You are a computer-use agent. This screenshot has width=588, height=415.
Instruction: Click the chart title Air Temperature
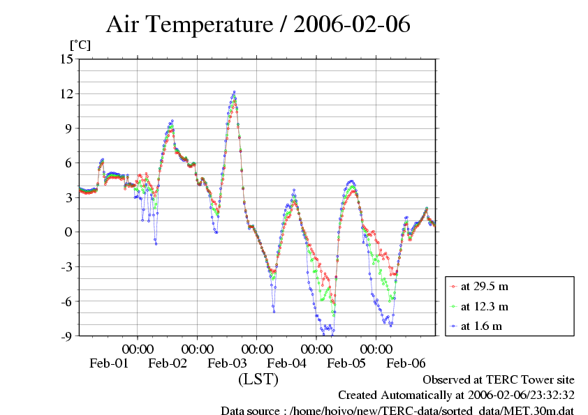click(x=189, y=25)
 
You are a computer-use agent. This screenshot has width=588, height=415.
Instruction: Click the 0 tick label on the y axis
click(x=69, y=232)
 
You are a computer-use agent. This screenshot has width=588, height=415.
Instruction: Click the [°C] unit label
click(x=80, y=45)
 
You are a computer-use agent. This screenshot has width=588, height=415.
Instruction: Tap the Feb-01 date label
click(x=109, y=363)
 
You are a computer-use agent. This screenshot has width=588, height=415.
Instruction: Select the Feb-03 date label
click(x=228, y=363)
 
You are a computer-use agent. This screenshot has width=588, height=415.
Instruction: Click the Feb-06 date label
click(x=406, y=363)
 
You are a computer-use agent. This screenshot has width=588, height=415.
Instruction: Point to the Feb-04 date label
click(x=287, y=363)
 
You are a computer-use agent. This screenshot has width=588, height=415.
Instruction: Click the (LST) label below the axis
click(x=258, y=379)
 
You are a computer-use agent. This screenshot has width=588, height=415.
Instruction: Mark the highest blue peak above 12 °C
click(x=234, y=91)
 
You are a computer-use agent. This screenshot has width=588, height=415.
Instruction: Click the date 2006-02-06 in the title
click(x=352, y=25)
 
